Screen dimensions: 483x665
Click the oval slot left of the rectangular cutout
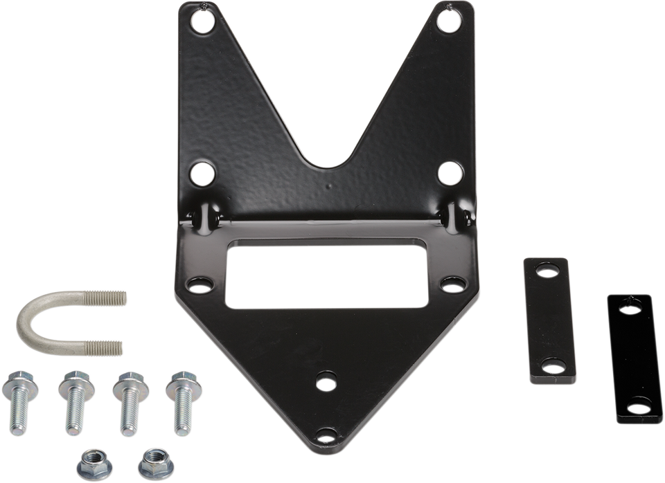(x=200, y=284)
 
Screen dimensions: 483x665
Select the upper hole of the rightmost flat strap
(x=630, y=307)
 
